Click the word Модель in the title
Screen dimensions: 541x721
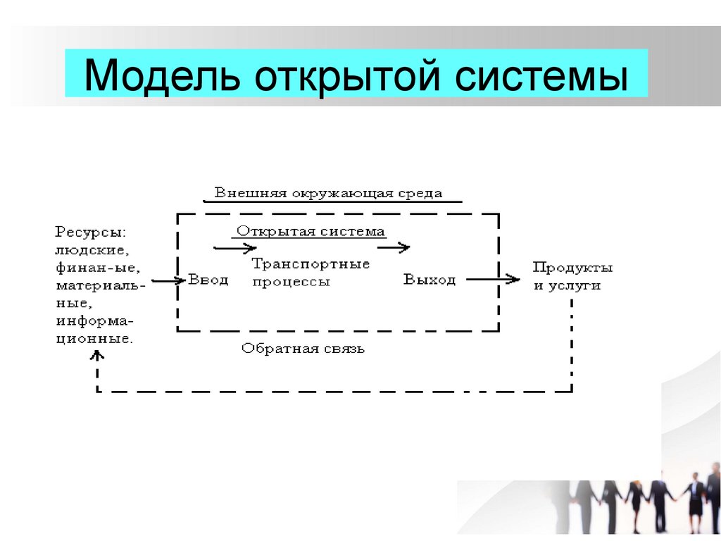pyautogui.click(x=161, y=75)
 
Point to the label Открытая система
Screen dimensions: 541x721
pyautogui.click(x=311, y=231)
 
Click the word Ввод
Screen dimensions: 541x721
pyautogui.click(x=208, y=280)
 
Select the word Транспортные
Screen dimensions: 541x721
pyautogui.click(x=311, y=265)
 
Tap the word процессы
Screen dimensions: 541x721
pyautogui.click(x=291, y=281)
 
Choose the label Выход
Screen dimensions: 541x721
pyautogui.click(x=430, y=280)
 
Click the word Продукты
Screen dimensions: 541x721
pyautogui.click(x=572, y=268)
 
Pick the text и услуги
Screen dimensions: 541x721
pyautogui.click(x=567, y=286)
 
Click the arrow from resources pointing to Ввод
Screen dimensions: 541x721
pyautogui.click(x=167, y=280)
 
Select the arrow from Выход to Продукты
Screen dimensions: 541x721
pyautogui.click(x=493, y=280)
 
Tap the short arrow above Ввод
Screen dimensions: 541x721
pyautogui.click(x=235, y=248)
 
